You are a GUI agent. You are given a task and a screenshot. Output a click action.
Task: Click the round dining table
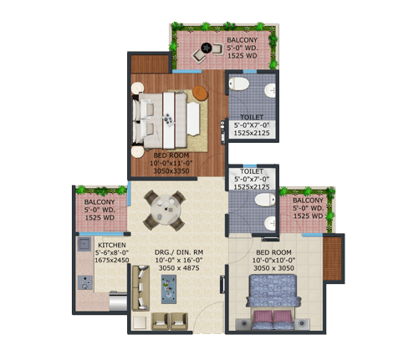point(166,210)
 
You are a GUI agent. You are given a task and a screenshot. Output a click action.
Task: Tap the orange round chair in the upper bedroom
point(200,93)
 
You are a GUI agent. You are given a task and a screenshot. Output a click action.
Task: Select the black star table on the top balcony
point(207,48)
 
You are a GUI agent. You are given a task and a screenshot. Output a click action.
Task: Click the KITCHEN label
point(112,245)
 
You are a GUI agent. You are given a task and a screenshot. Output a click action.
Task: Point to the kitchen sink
point(84,244)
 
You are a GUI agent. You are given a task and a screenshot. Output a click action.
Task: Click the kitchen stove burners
point(85,282)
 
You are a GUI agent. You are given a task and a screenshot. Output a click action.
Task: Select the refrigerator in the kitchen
point(118,301)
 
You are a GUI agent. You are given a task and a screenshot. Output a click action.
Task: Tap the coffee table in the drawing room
point(169,289)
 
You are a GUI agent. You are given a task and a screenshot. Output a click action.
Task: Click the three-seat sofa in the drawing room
point(140,288)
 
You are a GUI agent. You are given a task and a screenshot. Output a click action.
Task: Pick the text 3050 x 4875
point(179,268)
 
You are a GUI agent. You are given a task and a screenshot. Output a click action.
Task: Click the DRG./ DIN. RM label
point(179,252)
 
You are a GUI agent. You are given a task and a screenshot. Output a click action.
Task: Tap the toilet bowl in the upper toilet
point(239,84)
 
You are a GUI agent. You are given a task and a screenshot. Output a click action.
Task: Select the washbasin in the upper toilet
point(270,90)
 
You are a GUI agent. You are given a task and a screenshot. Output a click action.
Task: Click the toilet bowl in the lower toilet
point(265,200)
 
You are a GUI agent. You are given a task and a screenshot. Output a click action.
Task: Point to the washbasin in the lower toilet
point(270,224)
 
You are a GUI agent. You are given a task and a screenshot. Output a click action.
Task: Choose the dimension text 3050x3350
point(171,170)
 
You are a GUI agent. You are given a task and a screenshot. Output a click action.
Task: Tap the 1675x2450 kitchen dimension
point(112,260)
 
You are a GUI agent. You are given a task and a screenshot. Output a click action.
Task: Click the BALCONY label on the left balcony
point(99,202)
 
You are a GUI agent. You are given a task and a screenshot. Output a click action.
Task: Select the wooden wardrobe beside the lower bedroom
point(332,258)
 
